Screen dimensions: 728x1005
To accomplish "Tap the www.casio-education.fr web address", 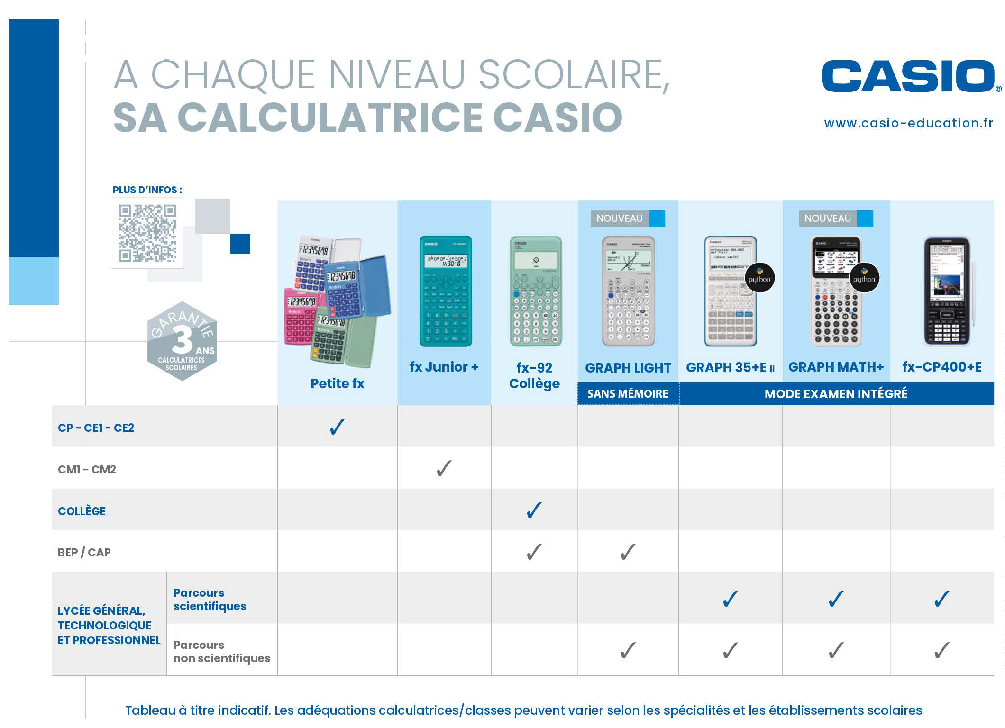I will tap(908, 123).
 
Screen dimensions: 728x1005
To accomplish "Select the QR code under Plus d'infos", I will tap(147, 233).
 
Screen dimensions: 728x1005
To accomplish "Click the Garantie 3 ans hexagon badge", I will tap(182, 341).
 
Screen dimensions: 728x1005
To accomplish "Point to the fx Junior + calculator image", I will tap(445, 291).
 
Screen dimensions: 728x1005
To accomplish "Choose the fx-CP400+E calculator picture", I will tap(947, 291).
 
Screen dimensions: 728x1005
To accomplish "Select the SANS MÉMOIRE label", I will tap(628, 394).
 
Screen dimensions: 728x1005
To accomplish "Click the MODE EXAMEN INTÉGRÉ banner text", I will tap(836, 394).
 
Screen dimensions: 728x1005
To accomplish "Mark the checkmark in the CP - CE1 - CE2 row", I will tap(338, 427).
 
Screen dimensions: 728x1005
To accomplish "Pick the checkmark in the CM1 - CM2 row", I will tap(444, 468).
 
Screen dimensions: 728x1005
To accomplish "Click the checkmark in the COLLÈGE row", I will tap(534, 510).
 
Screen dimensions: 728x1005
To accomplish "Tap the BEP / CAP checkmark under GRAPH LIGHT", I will tap(628, 552).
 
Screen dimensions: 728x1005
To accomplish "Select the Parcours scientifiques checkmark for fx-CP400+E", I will tap(942, 598).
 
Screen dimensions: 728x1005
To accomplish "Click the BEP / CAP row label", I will tap(84, 553).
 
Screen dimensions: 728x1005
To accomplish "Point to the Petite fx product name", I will tap(338, 383).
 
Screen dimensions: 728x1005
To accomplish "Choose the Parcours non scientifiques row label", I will tap(221, 652).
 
